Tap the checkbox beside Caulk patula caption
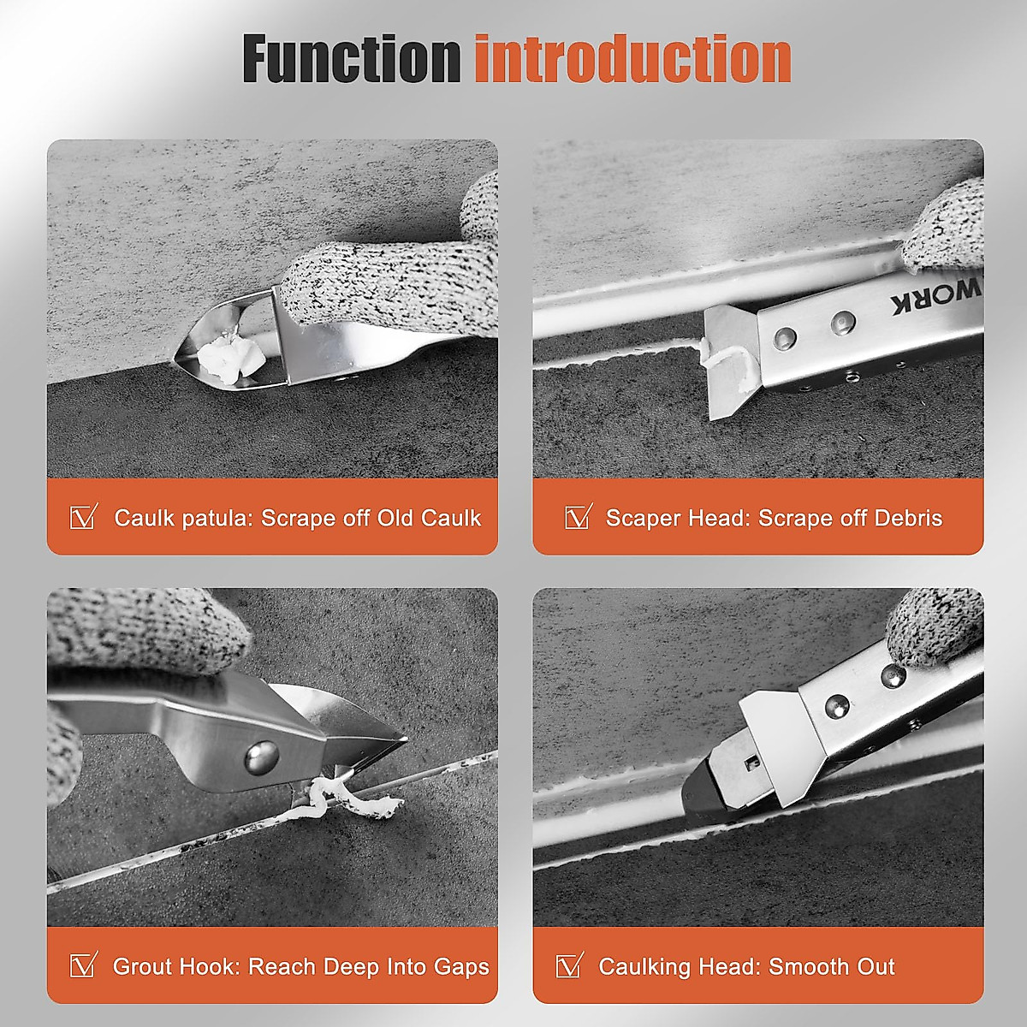coord(83,517)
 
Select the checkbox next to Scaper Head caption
coord(579,517)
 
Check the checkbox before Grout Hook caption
coord(83,965)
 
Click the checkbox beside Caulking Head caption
coord(570,965)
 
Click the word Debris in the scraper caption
coord(907,518)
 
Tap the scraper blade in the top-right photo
coord(728,368)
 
